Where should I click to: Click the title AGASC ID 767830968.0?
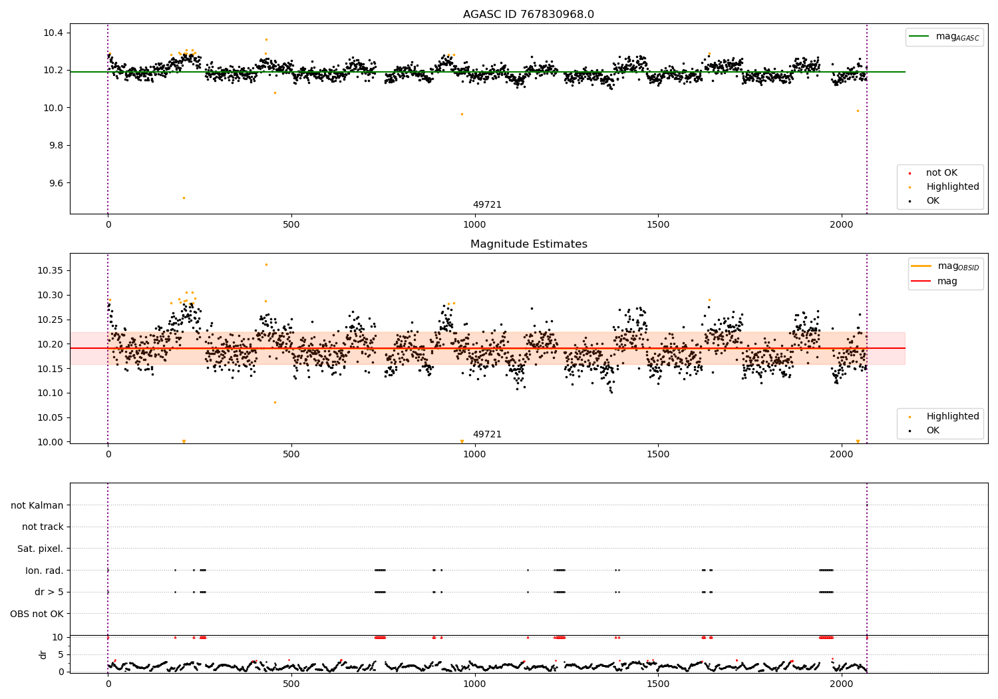(x=528, y=15)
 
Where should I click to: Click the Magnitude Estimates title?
(x=528, y=244)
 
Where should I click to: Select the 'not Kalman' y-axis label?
(x=37, y=505)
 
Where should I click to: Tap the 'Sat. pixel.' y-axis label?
(x=40, y=549)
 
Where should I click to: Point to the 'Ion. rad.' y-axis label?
(x=44, y=571)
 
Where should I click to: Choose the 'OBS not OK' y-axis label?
(x=37, y=614)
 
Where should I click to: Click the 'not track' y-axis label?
(x=43, y=527)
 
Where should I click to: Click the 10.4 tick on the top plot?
(x=53, y=33)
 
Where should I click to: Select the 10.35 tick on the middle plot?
(x=50, y=270)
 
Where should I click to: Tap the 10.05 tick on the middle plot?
(x=50, y=417)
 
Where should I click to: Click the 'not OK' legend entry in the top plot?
(x=941, y=173)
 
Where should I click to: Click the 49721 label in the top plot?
(x=487, y=204)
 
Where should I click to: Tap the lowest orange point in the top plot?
(x=184, y=198)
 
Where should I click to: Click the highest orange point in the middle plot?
(x=266, y=264)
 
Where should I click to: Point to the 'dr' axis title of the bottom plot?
(x=43, y=654)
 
